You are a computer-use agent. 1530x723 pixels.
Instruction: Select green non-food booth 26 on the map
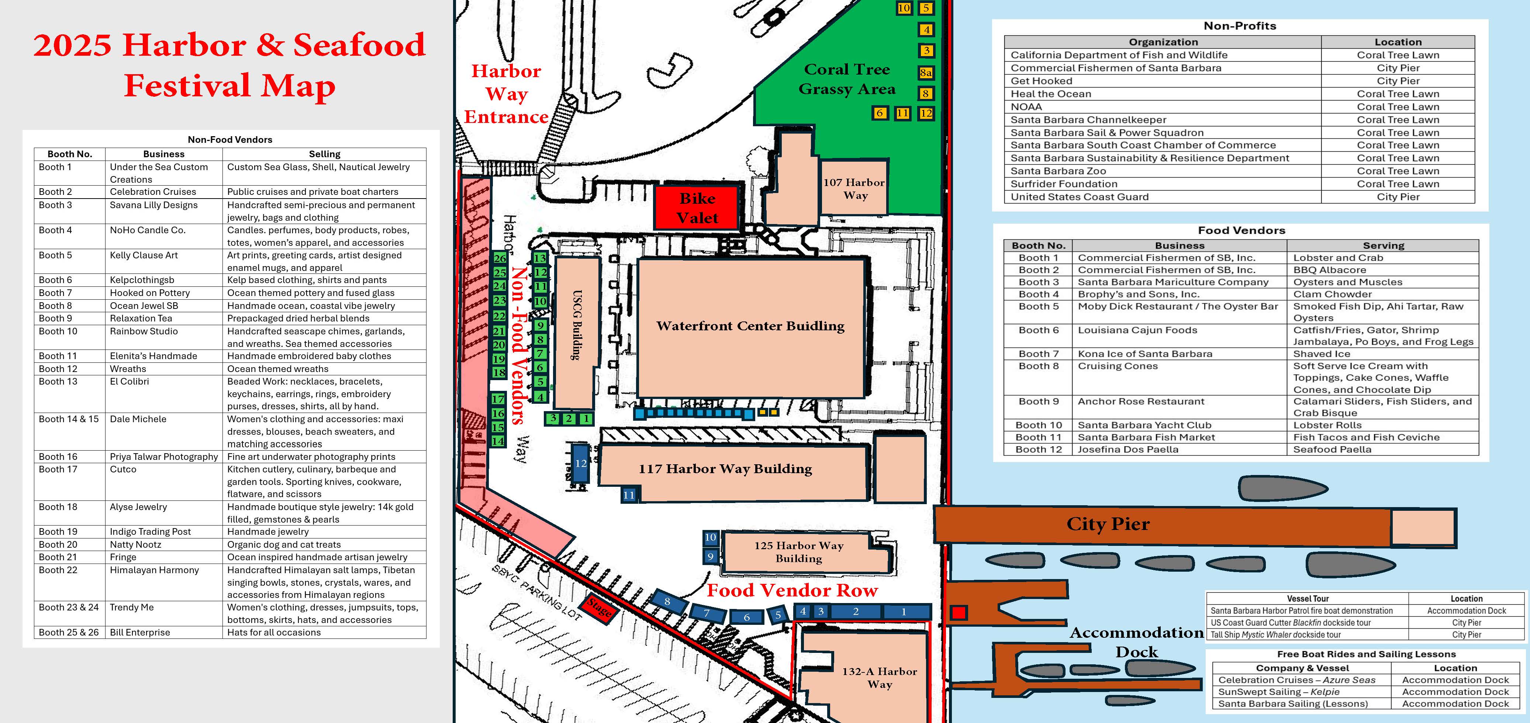point(500,258)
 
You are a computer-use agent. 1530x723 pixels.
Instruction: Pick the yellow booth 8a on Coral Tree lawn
point(925,72)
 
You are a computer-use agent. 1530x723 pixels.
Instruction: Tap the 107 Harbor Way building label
point(854,189)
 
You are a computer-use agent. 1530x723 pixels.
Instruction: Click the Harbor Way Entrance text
point(506,94)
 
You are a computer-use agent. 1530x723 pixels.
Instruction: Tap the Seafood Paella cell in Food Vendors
point(1332,449)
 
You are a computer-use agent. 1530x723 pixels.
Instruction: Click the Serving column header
point(1383,245)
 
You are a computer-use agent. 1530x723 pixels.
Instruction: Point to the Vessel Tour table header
point(1308,599)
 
